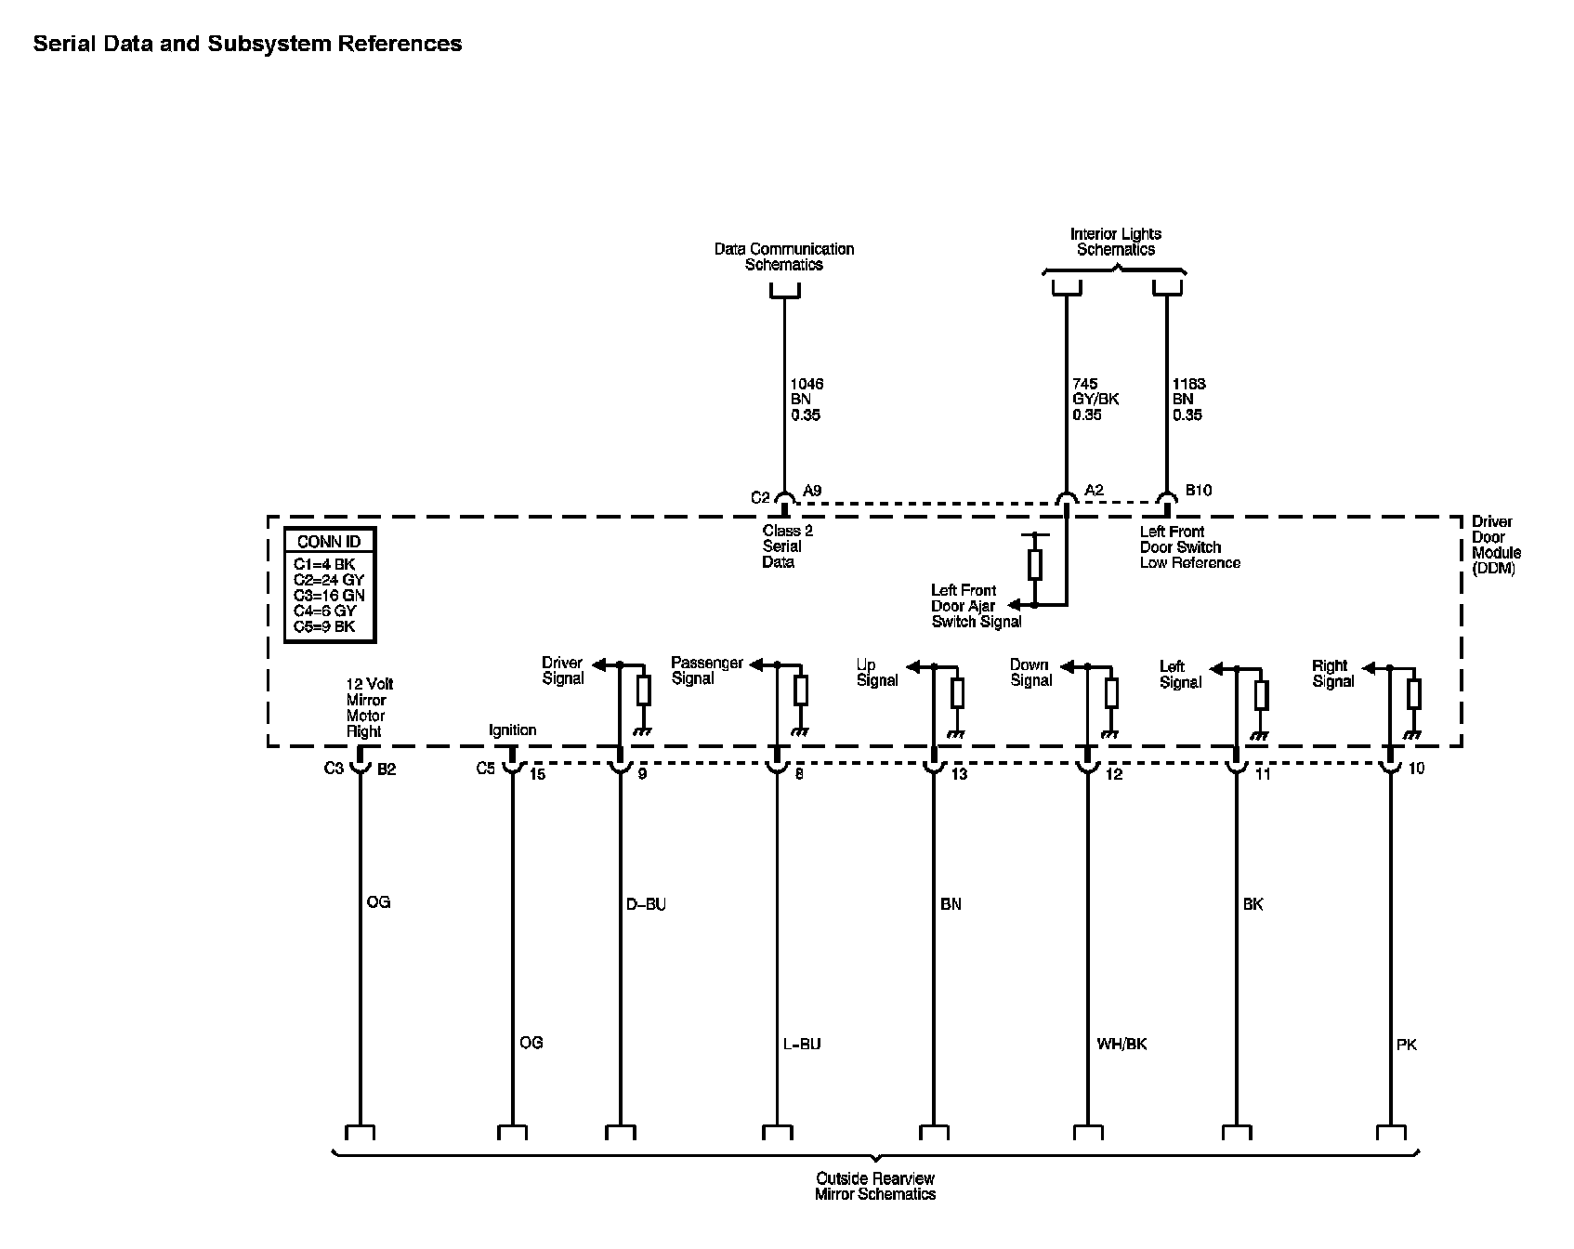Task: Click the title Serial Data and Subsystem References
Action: tap(247, 44)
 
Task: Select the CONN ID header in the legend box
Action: tap(329, 542)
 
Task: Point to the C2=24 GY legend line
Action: tap(329, 580)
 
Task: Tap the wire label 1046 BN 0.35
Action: tap(807, 400)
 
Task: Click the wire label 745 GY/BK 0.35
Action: tap(1095, 400)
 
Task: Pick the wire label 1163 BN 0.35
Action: tap(1188, 400)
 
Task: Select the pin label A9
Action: tap(812, 491)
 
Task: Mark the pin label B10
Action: tap(1199, 490)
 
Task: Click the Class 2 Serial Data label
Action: tap(787, 546)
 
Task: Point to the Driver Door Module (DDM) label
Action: tap(1496, 545)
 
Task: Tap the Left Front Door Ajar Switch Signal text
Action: tap(976, 606)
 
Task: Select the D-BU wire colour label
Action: tap(646, 904)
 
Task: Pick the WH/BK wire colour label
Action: tap(1121, 1044)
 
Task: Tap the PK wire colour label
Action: tap(1407, 1045)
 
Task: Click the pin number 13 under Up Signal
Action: tap(959, 773)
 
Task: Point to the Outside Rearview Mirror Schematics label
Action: tap(875, 1186)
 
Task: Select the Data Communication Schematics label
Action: tap(784, 256)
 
